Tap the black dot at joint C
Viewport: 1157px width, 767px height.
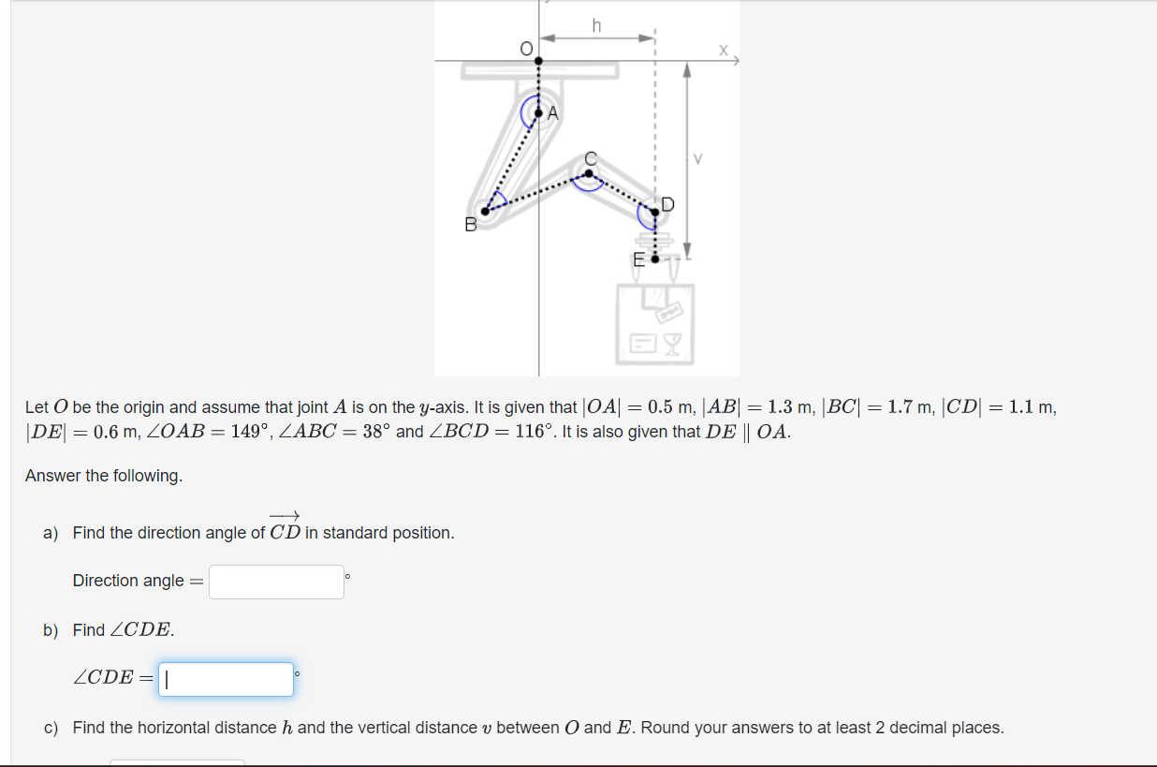tap(588, 172)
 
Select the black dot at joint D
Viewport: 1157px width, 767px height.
tap(654, 213)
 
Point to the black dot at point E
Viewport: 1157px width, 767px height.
tap(654, 258)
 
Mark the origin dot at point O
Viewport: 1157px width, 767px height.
tap(538, 62)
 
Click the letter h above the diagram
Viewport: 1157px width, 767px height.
tap(596, 25)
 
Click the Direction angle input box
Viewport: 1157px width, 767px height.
tap(276, 582)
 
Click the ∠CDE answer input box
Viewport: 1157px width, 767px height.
tap(226, 679)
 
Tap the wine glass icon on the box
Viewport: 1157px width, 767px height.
tap(672, 347)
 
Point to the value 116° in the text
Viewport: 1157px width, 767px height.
tap(535, 432)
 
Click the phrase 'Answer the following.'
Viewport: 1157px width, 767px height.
tap(104, 476)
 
